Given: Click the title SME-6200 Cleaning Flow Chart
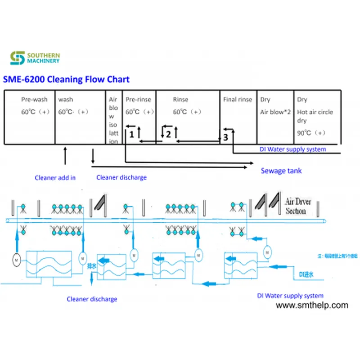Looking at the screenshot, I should coord(67,80).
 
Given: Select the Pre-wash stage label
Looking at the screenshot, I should coord(34,99).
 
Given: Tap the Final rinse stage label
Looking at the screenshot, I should coord(238,99).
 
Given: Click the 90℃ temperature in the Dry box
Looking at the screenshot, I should coord(311,133).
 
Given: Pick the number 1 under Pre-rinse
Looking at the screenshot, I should coord(131,134).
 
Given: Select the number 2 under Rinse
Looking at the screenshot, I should coord(168,134).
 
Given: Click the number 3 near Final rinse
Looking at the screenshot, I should coord(225,138).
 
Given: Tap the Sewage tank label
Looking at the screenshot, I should coord(281,171).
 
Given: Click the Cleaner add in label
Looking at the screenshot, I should coord(55,178).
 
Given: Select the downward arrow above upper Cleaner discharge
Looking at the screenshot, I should coord(93,156).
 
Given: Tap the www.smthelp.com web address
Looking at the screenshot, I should coord(311,305).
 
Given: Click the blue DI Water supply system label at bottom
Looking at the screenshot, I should coord(290,296).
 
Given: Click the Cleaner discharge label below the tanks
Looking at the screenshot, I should coord(92,299).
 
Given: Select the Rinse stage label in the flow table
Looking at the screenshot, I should coord(180,99).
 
